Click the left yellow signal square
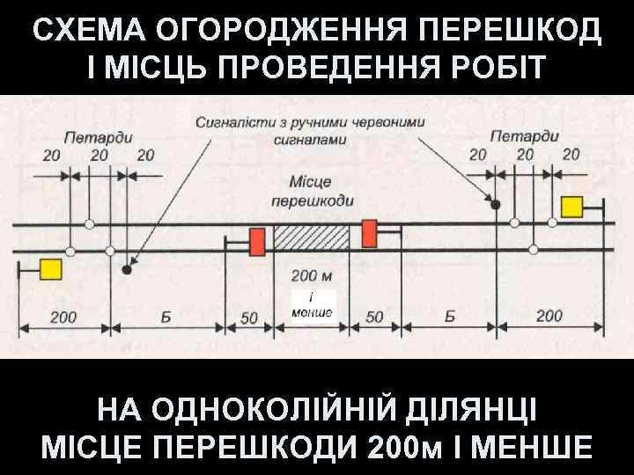click(x=49, y=268)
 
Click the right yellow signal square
click(x=572, y=207)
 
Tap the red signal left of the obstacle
click(x=257, y=242)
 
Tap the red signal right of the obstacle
click(x=368, y=233)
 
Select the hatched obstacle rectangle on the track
click(x=312, y=237)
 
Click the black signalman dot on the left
click(x=128, y=270)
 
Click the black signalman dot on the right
click(x=496, y=204)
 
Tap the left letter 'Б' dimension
click(x=167, y=317)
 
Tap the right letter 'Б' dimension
click(x=449, y=317)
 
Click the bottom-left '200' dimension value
click(x=63, y=317)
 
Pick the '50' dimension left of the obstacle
click(x=249, y=318)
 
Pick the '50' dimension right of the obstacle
click(x=374, y=318)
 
